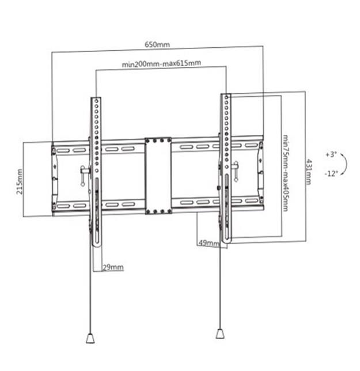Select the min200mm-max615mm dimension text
[161, 64]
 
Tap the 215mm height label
[20, 181]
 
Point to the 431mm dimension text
[309, 171]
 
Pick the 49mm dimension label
[209, 244]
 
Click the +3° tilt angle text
[330, 155]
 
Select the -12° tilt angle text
[330, 173]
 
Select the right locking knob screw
[235, 172]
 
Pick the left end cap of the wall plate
[55, 178]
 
